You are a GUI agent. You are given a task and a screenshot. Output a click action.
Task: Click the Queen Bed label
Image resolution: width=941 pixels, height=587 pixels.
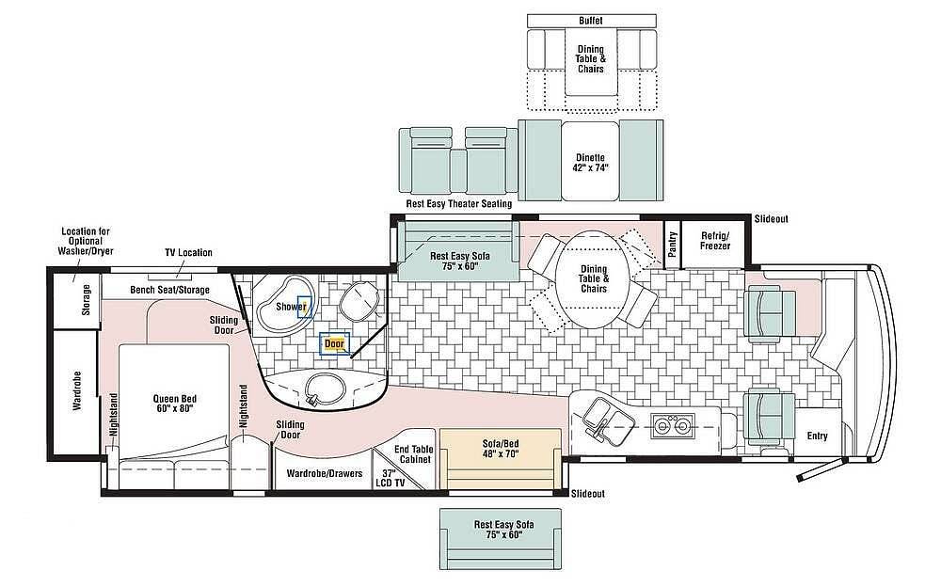tap(175, 404)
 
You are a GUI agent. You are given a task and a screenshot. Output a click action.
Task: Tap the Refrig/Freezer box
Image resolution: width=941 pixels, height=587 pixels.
tap(715, 242)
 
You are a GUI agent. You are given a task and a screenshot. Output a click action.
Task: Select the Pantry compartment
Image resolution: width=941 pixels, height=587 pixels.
tap(672, 244)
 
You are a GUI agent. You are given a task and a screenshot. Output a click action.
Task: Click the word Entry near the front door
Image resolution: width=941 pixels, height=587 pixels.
tap(817, 436)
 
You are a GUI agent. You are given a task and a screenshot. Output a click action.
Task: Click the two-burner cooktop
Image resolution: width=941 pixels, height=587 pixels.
tap(672, 425)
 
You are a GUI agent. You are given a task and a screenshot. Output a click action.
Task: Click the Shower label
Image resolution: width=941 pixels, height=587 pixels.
tap(291, 307)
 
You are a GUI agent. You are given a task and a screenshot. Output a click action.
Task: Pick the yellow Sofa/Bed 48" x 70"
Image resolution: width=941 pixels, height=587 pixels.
tap(501, 458)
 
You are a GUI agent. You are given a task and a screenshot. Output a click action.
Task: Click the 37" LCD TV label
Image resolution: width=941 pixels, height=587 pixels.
tap(391, 478)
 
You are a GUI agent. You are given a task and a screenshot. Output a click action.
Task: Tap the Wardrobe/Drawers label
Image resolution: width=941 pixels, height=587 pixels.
tap(324, 473)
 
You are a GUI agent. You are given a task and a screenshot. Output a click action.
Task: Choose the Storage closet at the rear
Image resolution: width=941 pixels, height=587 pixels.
tap(76, 300)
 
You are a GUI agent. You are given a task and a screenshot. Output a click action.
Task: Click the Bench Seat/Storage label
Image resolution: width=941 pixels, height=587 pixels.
tap(169, 290)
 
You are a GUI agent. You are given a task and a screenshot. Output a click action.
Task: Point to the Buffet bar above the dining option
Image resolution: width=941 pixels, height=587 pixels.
tap(591, 21)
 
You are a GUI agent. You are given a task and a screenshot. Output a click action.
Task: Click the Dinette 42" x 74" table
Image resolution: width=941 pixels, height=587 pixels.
tap(591, 160)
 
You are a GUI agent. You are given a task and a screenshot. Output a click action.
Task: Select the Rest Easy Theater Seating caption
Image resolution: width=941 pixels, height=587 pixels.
tap(459, 203)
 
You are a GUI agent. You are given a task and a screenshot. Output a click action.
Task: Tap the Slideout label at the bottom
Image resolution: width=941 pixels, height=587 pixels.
tap(587, 493)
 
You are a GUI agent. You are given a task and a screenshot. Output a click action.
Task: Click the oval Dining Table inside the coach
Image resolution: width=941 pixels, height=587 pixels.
tap(594, 279)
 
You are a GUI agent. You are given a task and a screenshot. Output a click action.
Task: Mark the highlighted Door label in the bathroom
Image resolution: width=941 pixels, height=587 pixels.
tap(335, 344)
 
